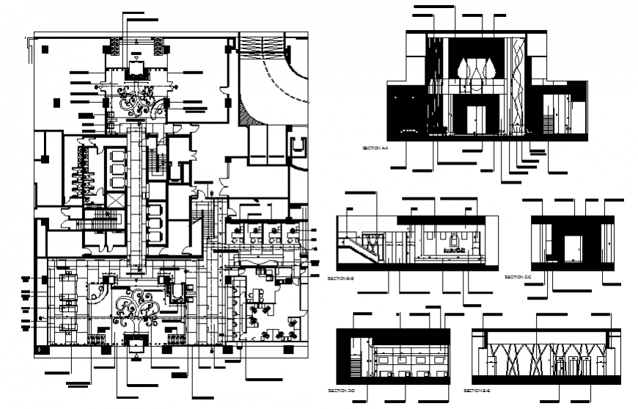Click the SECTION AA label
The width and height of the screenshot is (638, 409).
click(x=375, y=148)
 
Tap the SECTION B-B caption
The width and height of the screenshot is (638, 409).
click(x=341, y=279)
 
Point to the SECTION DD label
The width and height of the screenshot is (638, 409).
click(x=341, y=388)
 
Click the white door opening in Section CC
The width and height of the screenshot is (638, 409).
click(x=570, y=250)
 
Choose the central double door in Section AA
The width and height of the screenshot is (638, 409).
click(x=476, y=120)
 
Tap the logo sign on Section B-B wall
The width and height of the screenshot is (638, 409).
click(x=454, y=244)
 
